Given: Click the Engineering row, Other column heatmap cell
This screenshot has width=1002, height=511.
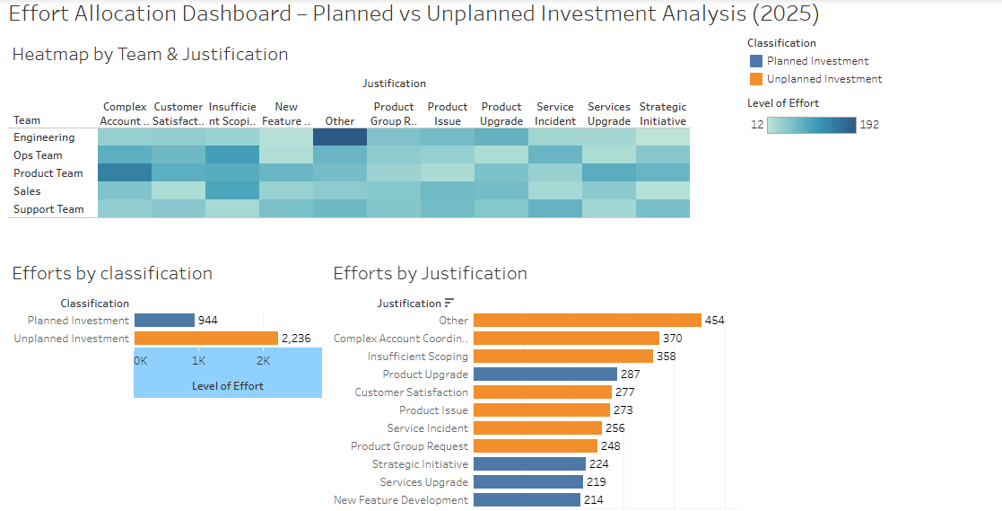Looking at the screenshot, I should tap(340, 137).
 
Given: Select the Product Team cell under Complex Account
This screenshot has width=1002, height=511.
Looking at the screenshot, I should tap(125, 173).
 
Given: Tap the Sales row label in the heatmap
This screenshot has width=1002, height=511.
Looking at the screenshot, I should tap(27, 191).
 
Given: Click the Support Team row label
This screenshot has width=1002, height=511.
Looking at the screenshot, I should tap(48, 209).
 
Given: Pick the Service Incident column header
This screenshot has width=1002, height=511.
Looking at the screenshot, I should tap(555, 113).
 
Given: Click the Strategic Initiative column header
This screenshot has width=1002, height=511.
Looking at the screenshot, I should tap(663, 113).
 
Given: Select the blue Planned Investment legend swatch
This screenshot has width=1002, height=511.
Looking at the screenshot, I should tap(755, 61).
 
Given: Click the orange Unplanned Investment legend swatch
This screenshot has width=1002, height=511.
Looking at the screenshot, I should tap(755, 79).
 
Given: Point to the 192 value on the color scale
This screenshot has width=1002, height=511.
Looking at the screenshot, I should tap(868, 125).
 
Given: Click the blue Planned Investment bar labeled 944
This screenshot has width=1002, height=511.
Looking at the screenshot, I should tap(164, 321).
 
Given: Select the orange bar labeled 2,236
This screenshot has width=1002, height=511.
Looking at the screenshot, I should tap(205, 339).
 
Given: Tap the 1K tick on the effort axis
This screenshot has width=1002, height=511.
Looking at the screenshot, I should tap(198, 360).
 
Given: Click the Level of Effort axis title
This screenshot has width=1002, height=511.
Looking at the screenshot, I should tap(228, 386).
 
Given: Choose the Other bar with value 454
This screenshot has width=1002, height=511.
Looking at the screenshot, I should tap(587, 321).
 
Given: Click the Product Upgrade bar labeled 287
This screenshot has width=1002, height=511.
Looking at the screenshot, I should tap(545, 374).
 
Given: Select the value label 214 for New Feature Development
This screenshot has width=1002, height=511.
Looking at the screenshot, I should tap(594, 500).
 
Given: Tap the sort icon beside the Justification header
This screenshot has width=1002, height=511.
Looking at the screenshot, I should tap(449, 304).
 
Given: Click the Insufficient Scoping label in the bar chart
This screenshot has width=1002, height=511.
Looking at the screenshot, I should tap(417, 357).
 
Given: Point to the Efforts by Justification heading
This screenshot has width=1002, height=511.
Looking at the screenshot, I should tap(430, 274).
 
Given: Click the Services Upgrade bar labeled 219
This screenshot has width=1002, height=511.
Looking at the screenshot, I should tap(527, 482).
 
